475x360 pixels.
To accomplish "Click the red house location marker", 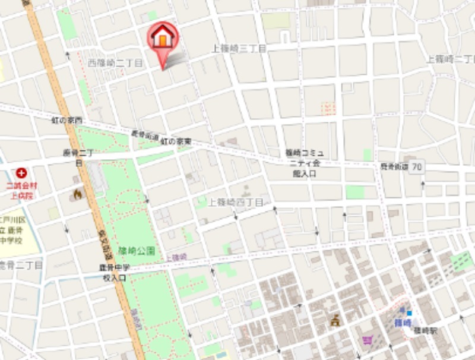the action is point(162,37).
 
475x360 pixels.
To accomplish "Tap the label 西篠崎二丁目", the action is point(115,62).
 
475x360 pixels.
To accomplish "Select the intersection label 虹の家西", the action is point(66,121).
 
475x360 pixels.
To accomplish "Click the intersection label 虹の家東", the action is point(176,141).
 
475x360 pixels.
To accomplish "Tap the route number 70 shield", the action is point(417,168).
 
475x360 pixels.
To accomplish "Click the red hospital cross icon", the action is point(21,173).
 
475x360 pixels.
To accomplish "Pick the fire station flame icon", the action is point(77,194).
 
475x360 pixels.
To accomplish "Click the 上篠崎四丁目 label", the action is point(235,203).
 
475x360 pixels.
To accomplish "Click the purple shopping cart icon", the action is point(366,340).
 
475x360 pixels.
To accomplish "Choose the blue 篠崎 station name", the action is point(403,323).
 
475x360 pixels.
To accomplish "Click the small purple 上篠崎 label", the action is point(176,257).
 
